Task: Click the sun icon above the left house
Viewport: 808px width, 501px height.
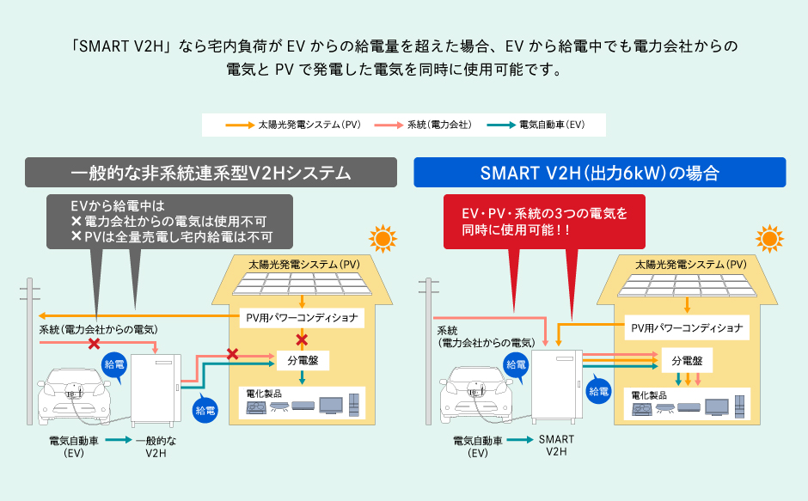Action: point(382,238)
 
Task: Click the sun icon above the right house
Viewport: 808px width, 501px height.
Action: point(768,238)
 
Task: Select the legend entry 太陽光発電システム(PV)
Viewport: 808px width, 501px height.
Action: point(293,125)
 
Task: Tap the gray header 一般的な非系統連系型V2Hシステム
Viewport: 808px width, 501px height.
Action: point(211,173)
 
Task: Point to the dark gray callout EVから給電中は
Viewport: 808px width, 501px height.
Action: point(169,222)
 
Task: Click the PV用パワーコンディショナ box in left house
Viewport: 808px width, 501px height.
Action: point(301,318)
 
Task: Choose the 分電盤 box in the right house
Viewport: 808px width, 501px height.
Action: point(687,361)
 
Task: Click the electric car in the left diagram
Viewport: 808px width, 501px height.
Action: point(77,394)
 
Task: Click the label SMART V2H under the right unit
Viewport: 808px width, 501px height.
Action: point(556,445)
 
